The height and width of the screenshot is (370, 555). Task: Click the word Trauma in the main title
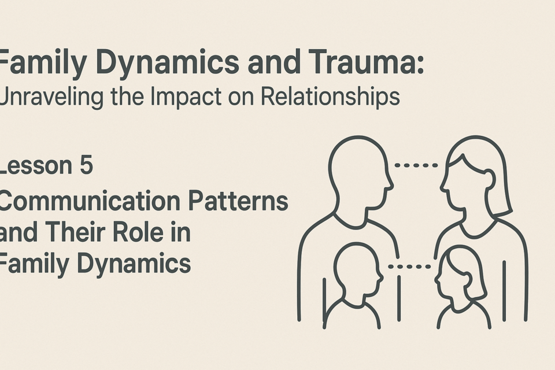click(366, 62)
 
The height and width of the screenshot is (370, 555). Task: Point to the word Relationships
click(331, 97)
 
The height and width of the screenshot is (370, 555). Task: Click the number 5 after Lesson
click(86, 165)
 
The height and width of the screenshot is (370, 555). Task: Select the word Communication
click(90, 201)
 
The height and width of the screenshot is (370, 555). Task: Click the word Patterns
click(238, 201)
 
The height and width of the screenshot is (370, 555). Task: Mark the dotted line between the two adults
click(416, 165)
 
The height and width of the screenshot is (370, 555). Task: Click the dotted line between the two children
click(409, 267)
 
